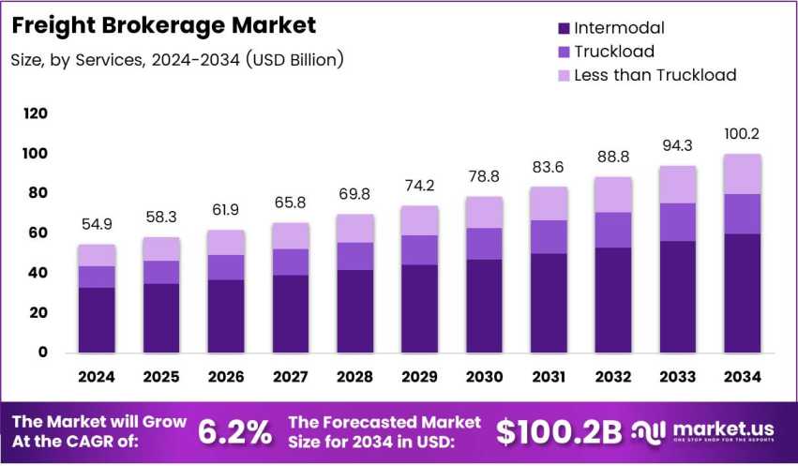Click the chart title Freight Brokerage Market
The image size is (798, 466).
163,24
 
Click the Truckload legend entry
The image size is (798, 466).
613,52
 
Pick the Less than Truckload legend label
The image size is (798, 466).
655,75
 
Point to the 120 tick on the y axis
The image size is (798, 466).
35,113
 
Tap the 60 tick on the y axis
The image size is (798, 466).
38,233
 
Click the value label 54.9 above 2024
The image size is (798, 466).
98,225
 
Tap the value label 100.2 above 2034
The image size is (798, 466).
743,134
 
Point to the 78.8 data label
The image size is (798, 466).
484,177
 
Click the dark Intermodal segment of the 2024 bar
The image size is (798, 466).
98,320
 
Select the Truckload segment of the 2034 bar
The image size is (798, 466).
743,214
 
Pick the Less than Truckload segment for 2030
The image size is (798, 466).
484,212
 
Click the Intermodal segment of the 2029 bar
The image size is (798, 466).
419,308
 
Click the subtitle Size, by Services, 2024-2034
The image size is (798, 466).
177,60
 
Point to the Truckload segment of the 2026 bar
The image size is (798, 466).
226,267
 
